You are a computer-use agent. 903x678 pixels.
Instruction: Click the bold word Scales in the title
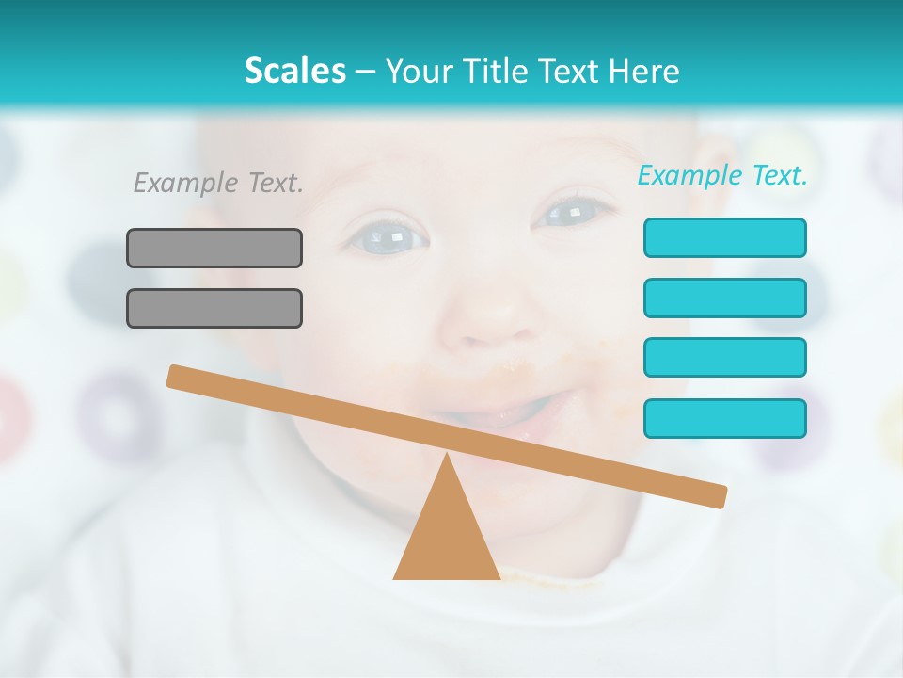294,71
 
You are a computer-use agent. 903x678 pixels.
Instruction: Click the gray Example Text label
218,183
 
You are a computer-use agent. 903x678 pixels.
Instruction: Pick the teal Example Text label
722,175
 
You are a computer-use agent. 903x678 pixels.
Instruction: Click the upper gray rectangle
214,248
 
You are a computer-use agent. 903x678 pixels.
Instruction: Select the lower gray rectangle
214,308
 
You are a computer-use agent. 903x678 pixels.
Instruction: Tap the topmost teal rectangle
724,237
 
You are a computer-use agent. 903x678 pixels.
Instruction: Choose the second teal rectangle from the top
724,298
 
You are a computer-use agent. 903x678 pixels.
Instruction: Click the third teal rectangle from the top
724,358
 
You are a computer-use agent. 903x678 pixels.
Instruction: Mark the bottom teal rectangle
724,418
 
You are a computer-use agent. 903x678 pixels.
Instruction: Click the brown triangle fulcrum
447,537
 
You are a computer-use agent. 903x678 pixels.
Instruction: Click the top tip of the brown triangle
447,456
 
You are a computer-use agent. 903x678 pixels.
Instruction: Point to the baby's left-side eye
387,234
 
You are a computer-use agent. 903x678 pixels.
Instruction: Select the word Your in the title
416,71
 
